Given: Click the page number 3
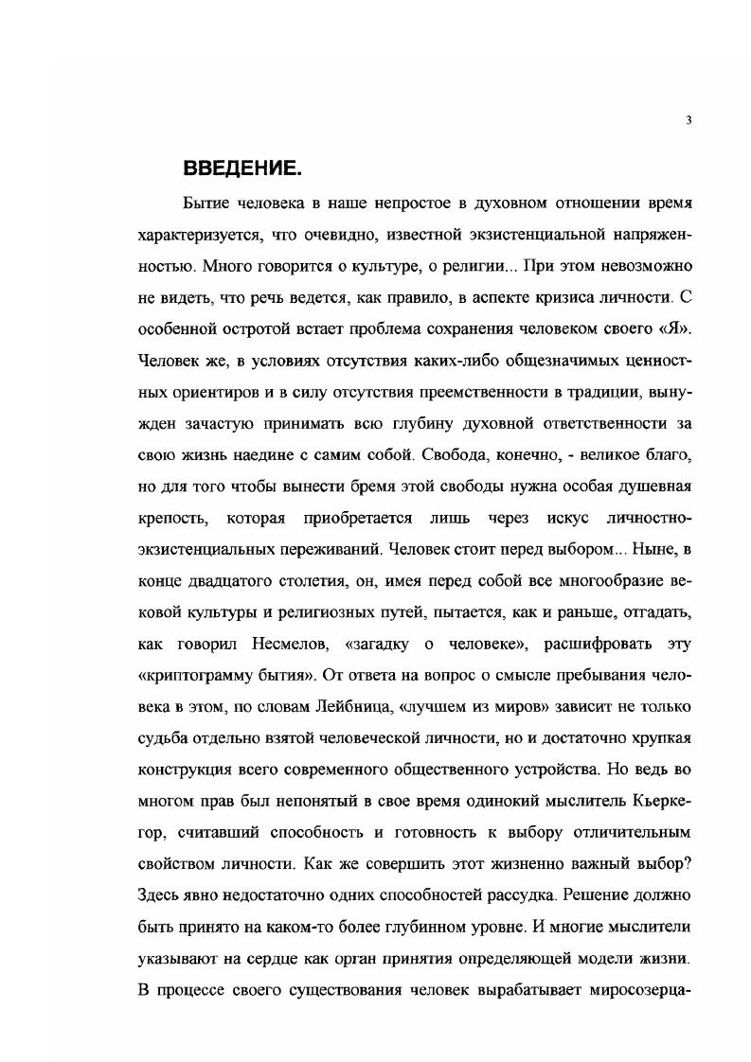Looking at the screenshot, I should click(x=688, y=120).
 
